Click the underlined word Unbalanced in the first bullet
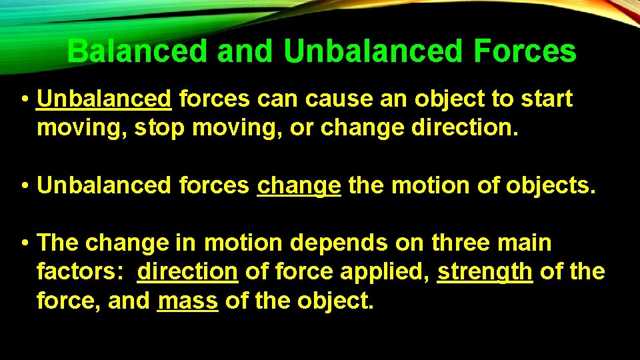105,99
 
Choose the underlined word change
299,185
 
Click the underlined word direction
187,272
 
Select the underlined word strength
485,272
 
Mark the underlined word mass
187,301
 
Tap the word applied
391,272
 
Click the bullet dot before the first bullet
24,100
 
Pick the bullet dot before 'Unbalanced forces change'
24,186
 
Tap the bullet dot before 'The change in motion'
24,244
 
